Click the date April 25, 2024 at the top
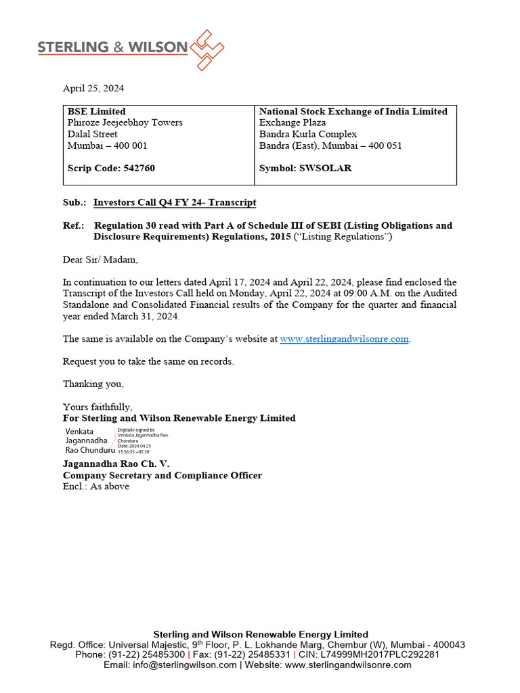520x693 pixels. [x=93, y=88]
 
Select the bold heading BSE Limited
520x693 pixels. [x=96, y=111]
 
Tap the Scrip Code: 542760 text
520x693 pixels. [x=111, y=168]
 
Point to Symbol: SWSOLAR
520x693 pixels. [x=305, y=168]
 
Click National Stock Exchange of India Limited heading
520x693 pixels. [x=353, y=111]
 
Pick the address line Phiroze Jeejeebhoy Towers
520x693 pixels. [x=125, y=122]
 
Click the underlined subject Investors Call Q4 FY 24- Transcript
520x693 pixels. [x=175, y=202]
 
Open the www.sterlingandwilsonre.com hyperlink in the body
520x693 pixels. [x=345, y=338]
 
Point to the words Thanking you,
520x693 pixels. [x=93, y=384]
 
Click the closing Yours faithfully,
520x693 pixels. [x=97, y=407]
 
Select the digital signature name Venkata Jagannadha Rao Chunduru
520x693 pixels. [x=88, y=440]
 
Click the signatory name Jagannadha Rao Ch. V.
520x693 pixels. [x=116, y=464]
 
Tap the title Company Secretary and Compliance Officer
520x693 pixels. [x=162, y=475]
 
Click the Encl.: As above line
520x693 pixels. [x=95, y=486]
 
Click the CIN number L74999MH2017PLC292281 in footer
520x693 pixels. [x=388, y=654]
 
